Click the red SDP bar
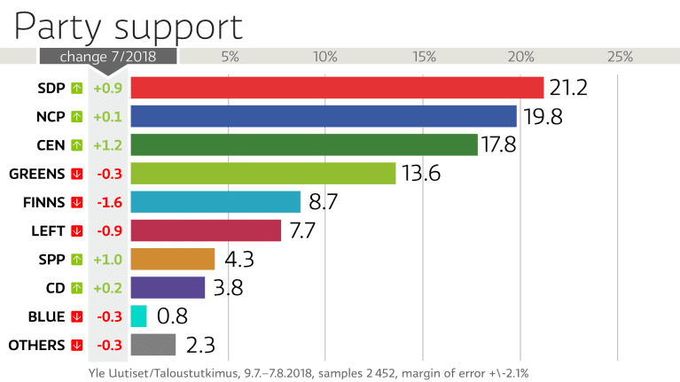pyautogui.click(x=337, y=88)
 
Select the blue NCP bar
pyautogui.click(x=324, y=116)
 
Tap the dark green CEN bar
pyautogui.click(x=304, y=144)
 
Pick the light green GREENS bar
pyautogui.click(x=262, y=174)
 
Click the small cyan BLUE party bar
pyautogui.click(x=138, y=316)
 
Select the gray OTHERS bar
pyautogui.click(x=153, y=345)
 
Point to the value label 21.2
pyautogui.click(x=568, y=88)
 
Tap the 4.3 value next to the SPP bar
pyautogui.click(x=239, y=260)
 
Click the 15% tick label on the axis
pyautogui.click(x=424, y=57)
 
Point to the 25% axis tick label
pyautogui.click(x=619, y=57)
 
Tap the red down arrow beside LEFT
pyautogui.click(x=76, y=230)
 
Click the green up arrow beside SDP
pyautogui.click(x=76, y=88)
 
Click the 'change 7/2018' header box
pyautogui.click(x=107, y=57)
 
